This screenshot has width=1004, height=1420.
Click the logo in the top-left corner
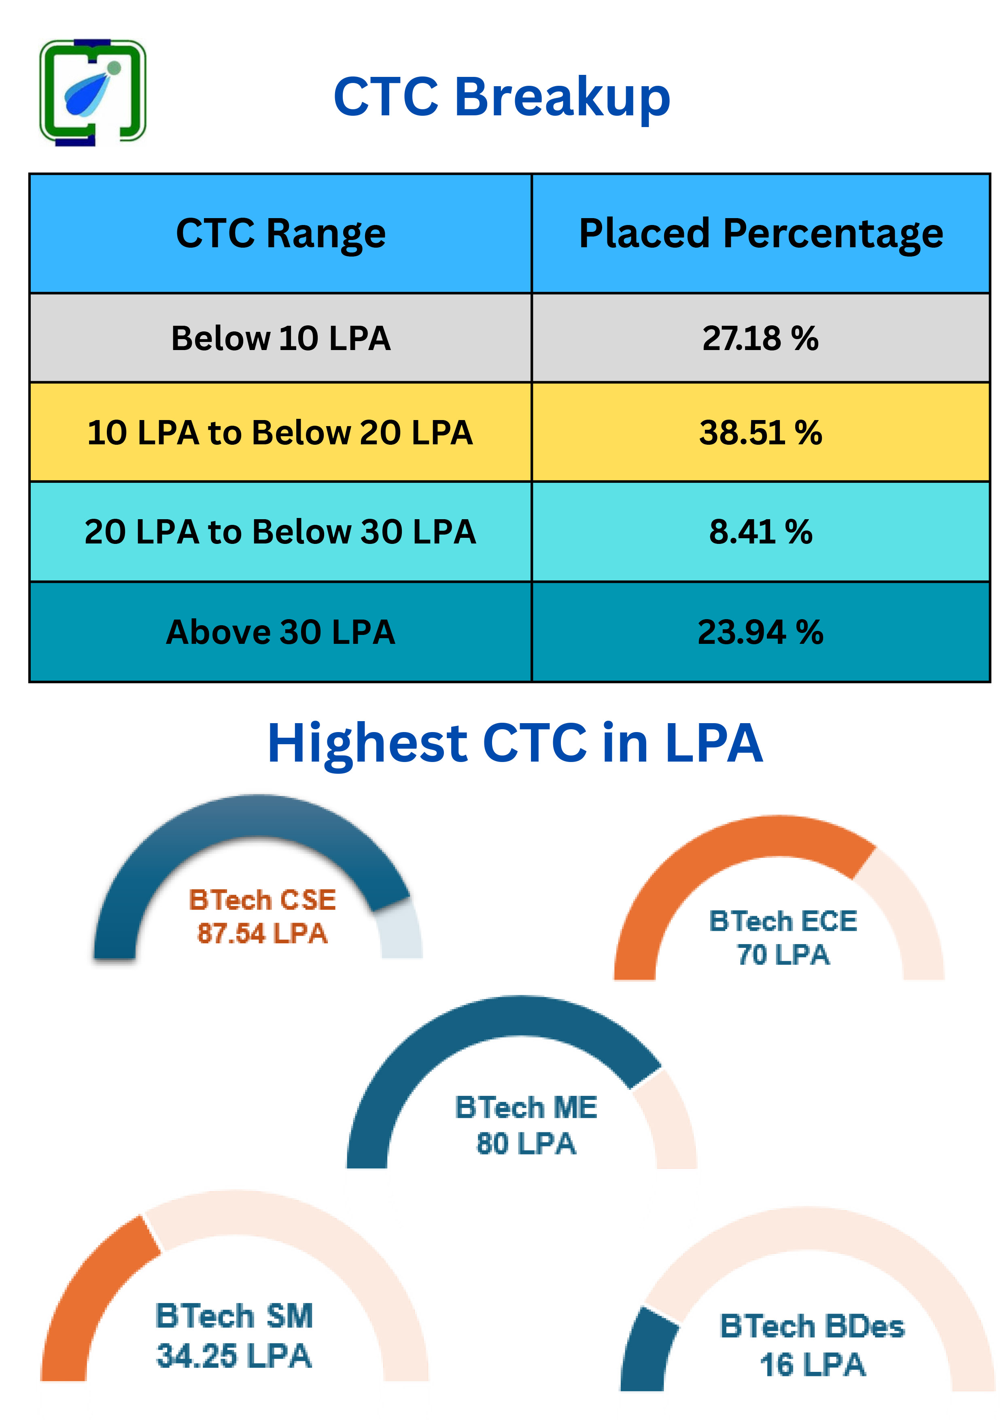point(93,93)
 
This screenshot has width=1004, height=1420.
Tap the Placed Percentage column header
point(760,234)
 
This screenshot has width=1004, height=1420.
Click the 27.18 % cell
point(760,338)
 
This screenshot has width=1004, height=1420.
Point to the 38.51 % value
point(760,432)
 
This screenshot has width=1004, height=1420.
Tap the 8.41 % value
point(760,532)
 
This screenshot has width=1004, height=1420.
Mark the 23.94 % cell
point(760,632)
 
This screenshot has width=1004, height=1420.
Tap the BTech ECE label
point(783,921)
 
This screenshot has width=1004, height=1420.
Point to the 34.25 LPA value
point(234,1356)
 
